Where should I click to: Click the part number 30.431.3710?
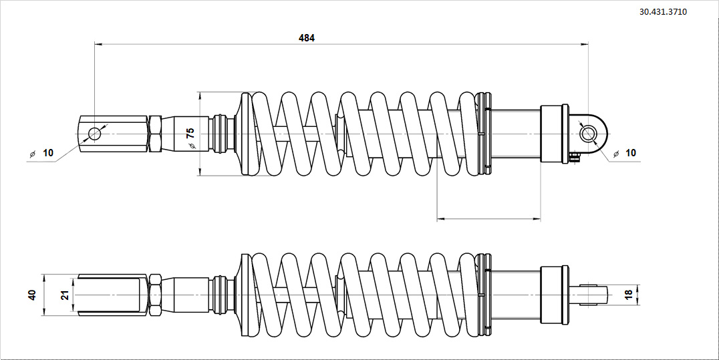(x=663, y=12)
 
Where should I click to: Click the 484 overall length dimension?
(x=306, y=38)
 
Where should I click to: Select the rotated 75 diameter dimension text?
(x=190, y=133)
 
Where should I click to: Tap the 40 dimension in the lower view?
(x=32, y=295)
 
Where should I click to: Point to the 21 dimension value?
(x=65, y=295)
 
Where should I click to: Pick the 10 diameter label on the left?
(x=47, y=153)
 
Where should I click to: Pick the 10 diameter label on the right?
(x=630, y=153)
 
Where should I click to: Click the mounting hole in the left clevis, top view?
(x=94, y=134)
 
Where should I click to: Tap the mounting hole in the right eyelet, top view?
(x=589, y=133)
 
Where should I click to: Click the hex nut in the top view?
(x=155, y=134)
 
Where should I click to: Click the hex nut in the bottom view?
(x=154, y=295)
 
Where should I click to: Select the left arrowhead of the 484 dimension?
(x=98, y=45)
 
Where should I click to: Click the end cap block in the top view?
(x=554, y=134)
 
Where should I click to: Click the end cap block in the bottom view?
(x=554, y=295)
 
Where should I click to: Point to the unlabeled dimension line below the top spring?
(x=488, y=218)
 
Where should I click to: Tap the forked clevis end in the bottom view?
(x=111, y=295)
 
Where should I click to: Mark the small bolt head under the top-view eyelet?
(x=575, y=157)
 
